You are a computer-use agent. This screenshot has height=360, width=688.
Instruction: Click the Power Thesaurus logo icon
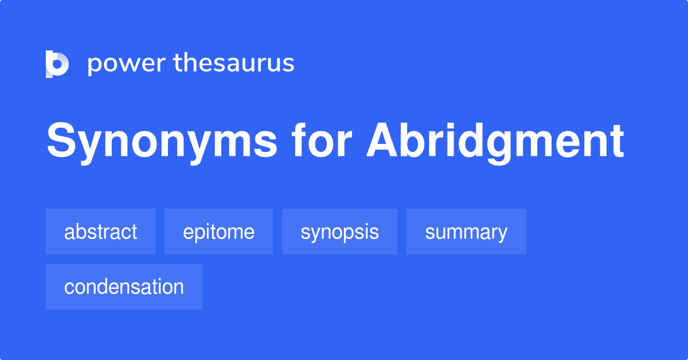[57, 64]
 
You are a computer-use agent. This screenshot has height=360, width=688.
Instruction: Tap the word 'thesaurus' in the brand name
[234, 64]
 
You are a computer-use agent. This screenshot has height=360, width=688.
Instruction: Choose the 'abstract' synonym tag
[100, 232]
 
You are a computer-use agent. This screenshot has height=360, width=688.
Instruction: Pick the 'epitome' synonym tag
[218, 232]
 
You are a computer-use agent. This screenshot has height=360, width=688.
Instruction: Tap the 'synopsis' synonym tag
[339, 232]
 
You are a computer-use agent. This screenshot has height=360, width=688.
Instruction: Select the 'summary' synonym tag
[466, 232]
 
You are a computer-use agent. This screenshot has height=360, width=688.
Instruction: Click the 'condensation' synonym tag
[124, 287]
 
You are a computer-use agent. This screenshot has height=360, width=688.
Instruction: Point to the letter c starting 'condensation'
[69, 287]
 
